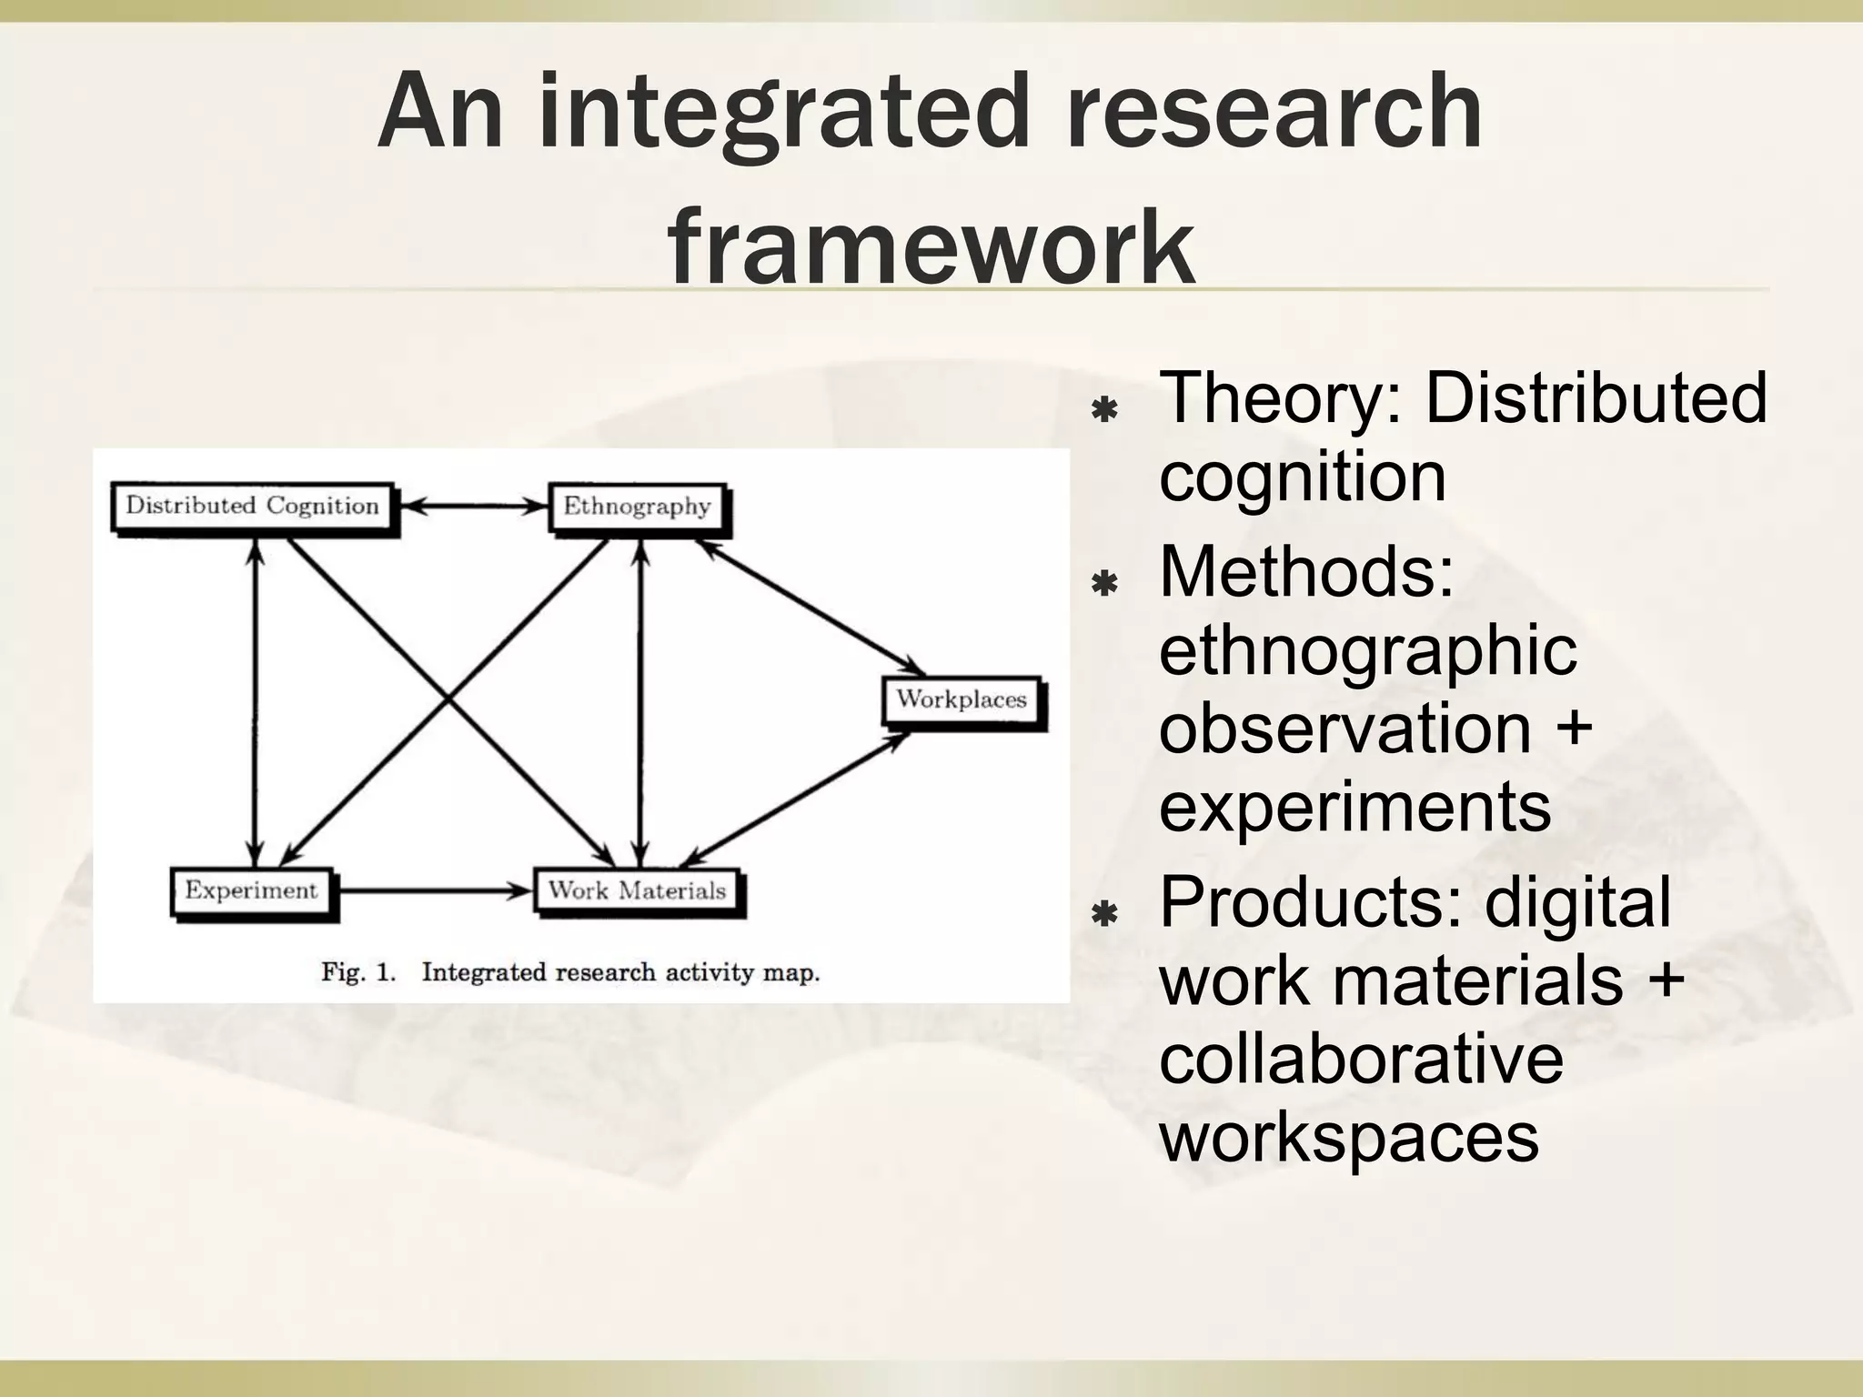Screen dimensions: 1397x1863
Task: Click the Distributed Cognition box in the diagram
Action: (x=252, y=506)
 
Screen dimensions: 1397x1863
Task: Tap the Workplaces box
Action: (x=962, y=699)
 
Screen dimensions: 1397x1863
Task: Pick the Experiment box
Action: (x=252, y=890)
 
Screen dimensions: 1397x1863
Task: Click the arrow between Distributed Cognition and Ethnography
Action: (x=473, y=507)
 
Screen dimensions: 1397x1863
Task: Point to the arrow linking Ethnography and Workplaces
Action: (x=810, y=602)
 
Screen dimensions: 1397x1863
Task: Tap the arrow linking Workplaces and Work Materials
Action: (x=796, y=798)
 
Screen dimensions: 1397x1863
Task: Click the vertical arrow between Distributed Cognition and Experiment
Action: (x=257, y=700)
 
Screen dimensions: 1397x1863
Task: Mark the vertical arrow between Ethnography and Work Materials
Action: (x=641, y=700)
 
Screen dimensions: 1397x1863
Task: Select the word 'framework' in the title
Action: (x=931, y=246)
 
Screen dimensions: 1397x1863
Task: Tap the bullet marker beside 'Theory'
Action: (x=1104, y=410)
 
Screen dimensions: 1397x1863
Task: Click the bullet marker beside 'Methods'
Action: (x=1104, y=583)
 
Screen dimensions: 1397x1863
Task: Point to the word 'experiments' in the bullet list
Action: (x=1354, y=806)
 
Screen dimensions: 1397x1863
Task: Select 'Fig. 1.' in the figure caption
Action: (x=358, y=972)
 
